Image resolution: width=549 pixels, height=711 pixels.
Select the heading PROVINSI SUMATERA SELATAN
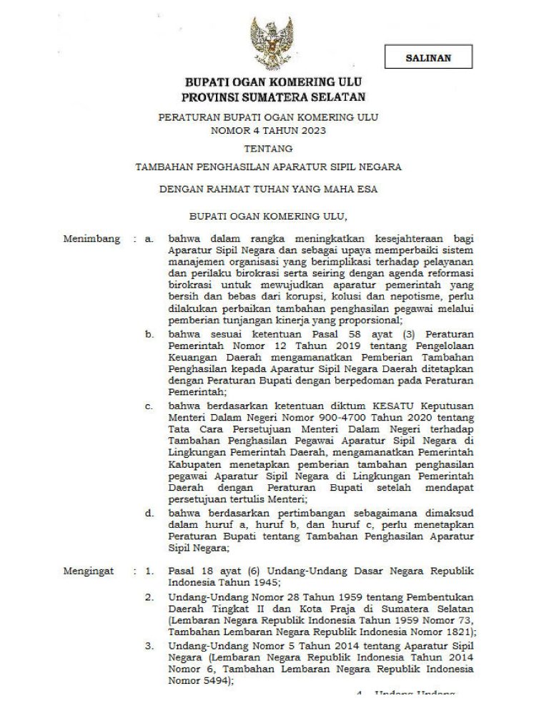coord(274,97)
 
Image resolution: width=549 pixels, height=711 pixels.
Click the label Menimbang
coord(91,239)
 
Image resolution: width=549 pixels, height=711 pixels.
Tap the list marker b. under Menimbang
coord(149,333)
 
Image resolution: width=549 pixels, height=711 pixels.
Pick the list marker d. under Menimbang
coord(149,512)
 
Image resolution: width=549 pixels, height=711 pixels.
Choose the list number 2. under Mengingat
coord(149,596)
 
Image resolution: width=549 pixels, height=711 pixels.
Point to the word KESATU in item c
coord(400,406)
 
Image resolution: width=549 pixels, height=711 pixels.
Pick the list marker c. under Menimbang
coord(149,406)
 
